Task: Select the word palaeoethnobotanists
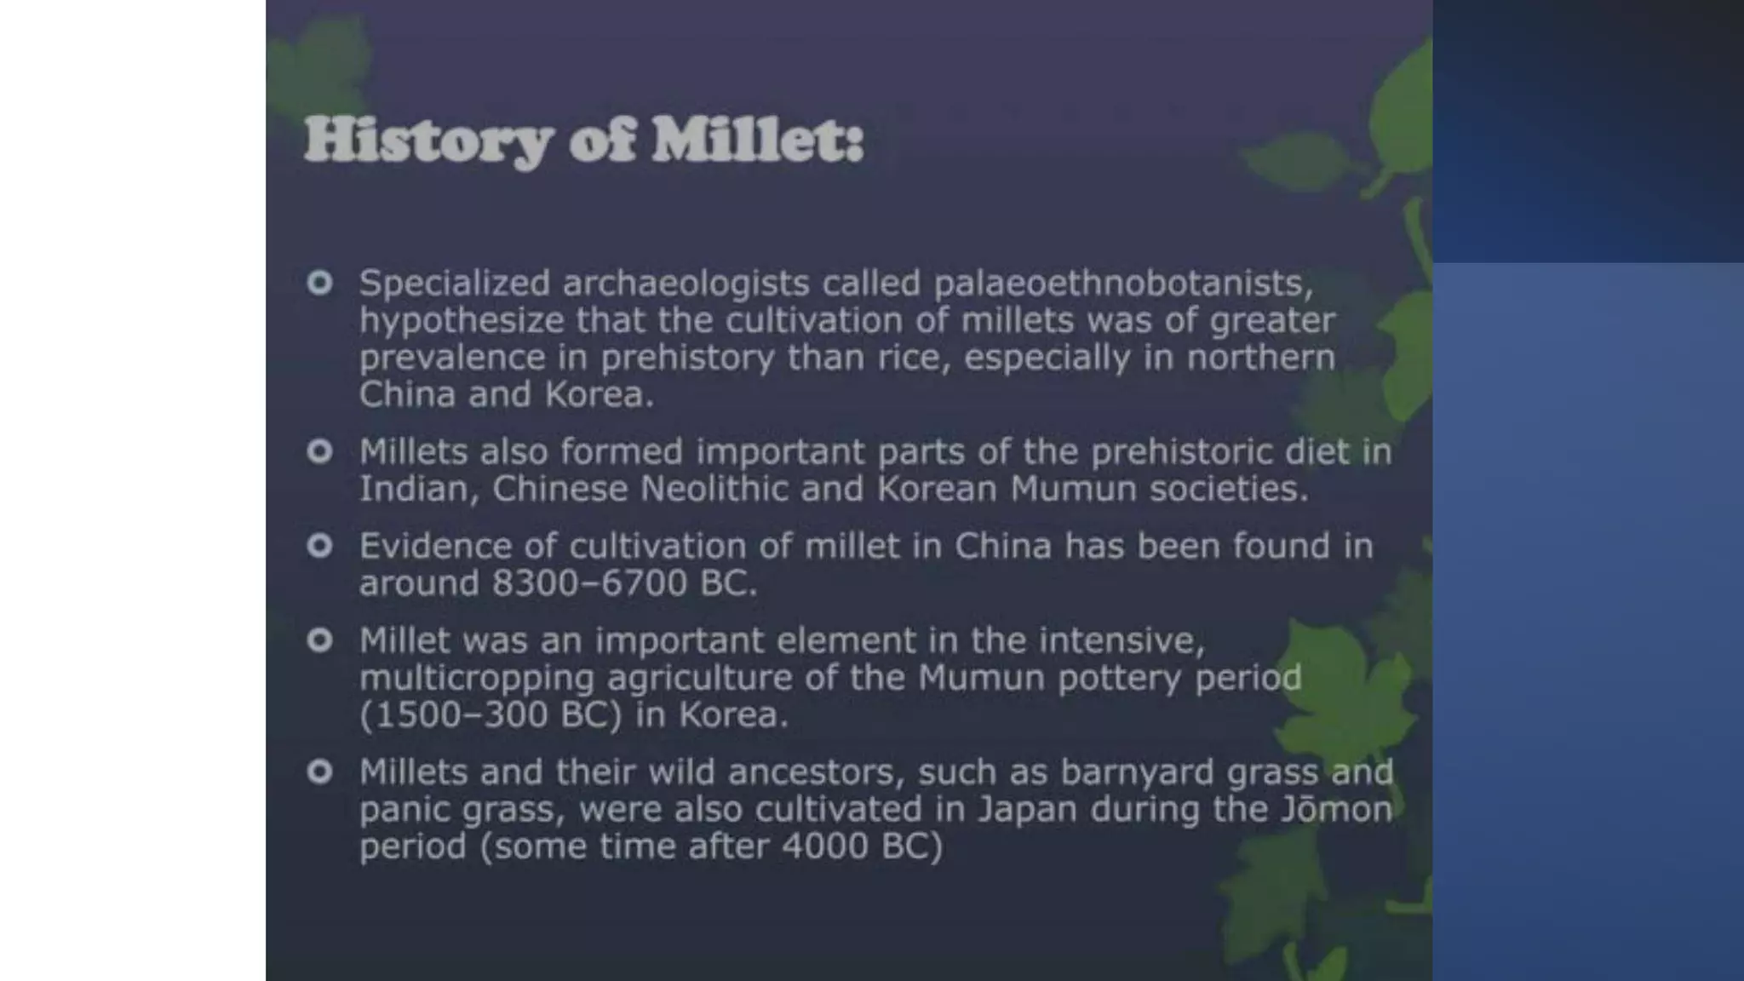click(1124, 283)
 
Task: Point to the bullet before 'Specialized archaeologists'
click(319, 282)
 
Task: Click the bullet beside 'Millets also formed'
click(319, 450)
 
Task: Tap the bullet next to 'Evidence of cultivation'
click(319, 545)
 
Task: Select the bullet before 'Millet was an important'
click(319, 640)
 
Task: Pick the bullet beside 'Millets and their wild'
click(319, 772)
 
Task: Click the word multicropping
click(476, 679)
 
